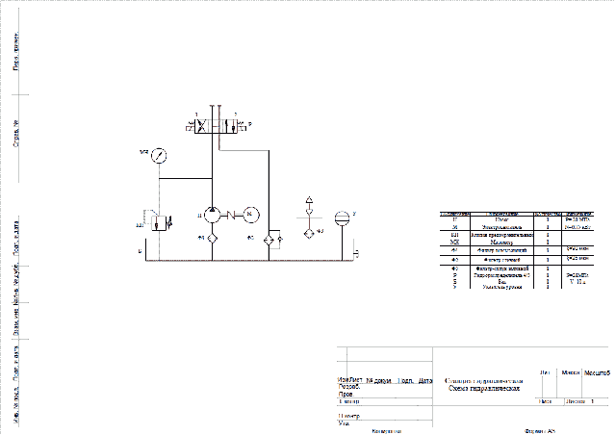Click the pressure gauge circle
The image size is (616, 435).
(x=159, y=154)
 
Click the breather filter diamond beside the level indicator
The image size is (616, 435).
(x=309, y=231)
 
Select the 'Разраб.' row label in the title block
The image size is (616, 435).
(x=348, y=387)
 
